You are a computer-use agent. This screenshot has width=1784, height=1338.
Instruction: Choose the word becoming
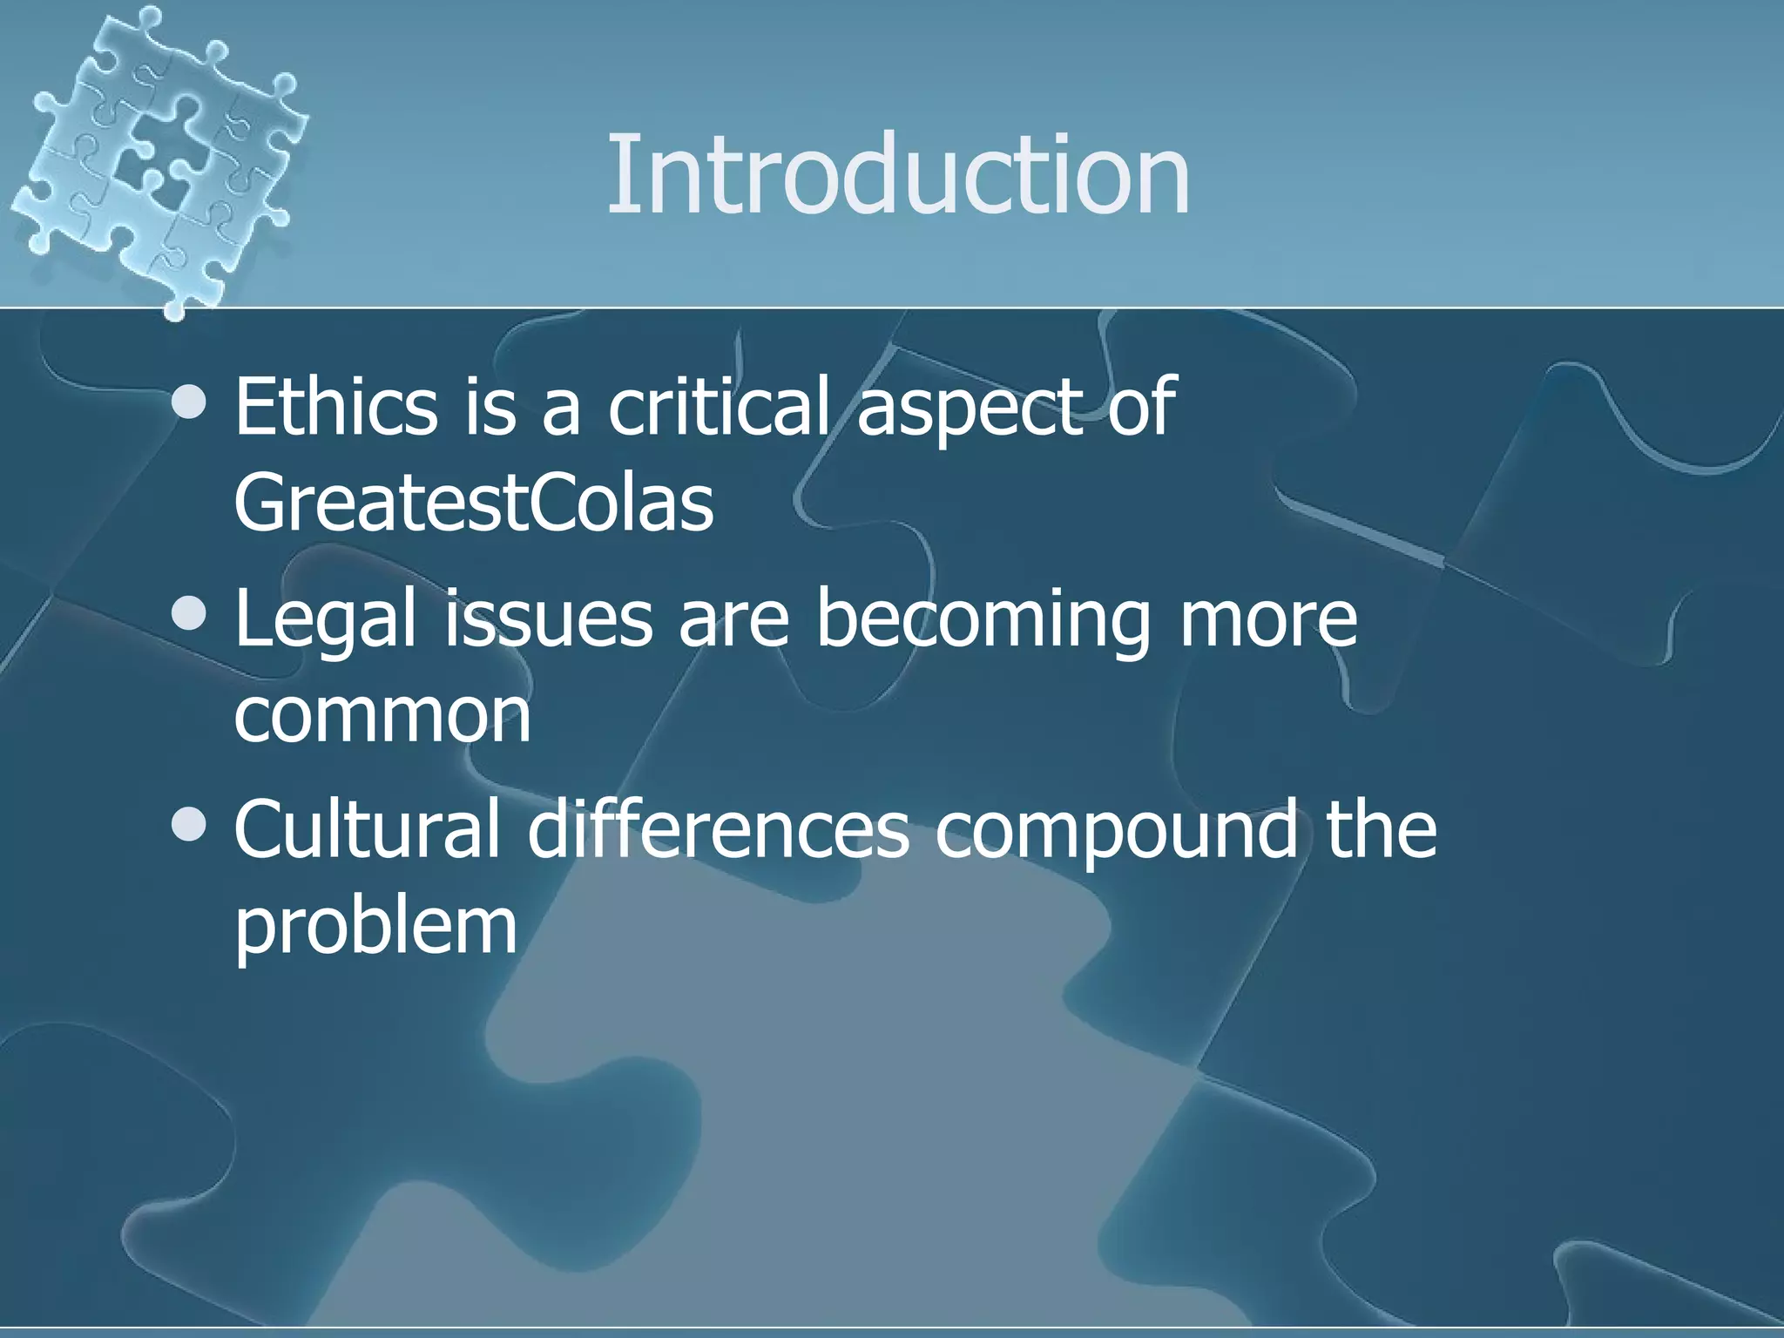(x=983, y=620)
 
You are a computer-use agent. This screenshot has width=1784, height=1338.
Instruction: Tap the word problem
(x=375, y=928)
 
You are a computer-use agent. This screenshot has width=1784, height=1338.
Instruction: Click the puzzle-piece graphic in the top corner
(x=157, y=157)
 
